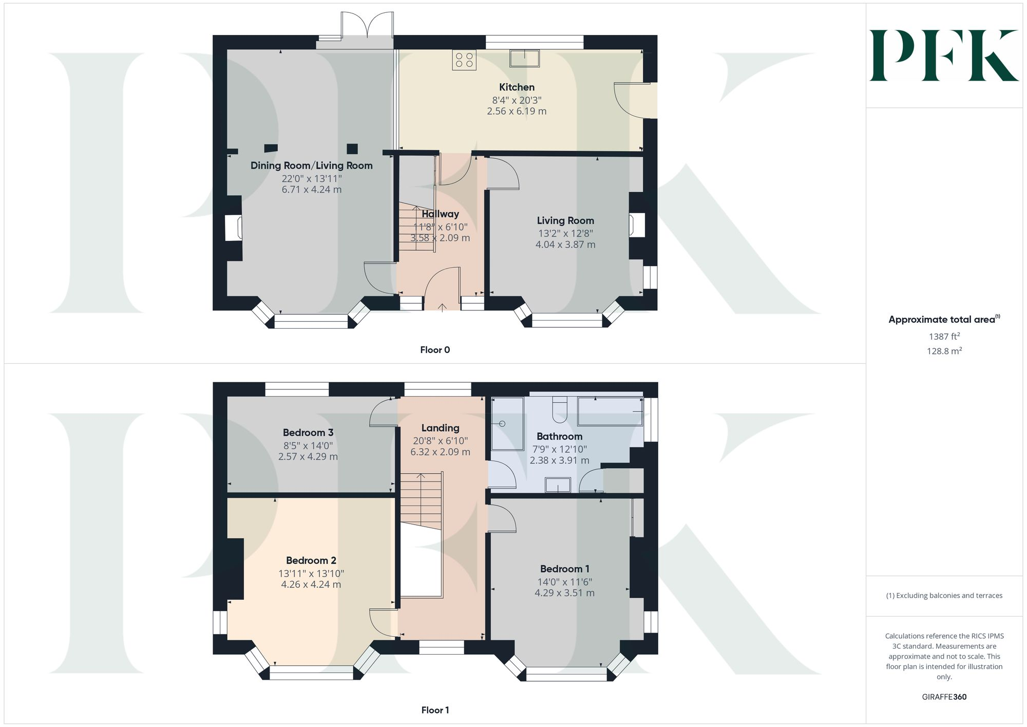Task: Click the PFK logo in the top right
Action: tap(944, 55)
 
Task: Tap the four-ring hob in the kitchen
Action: tap(464, 60)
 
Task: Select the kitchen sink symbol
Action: tap(524, 59)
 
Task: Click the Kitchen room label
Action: tap(517, 87)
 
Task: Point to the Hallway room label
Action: tap(440, 214)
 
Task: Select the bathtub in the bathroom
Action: tap(610, 411)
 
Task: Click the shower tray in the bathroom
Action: tap(507, 424)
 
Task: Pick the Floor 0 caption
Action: tap(435, 350)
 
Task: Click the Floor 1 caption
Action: tap(435, 710)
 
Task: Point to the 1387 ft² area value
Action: tap(944, 337)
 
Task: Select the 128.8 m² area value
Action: tap(944, 351)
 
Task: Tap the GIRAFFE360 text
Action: tap(944, 697)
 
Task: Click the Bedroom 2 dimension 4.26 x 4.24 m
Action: tap(311, 584)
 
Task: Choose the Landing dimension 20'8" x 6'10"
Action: tap(440, 441)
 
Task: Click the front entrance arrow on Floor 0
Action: tap(442, 307)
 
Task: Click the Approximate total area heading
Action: tap(944, 319)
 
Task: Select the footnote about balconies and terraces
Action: tap(944, 595)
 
